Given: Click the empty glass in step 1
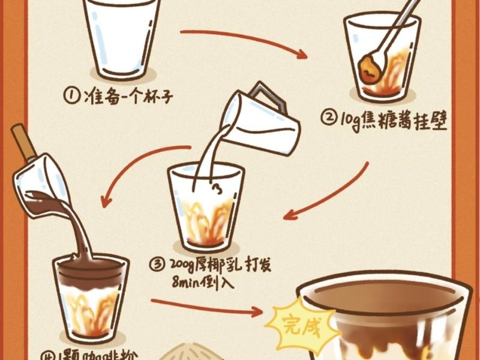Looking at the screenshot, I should [122, 39].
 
